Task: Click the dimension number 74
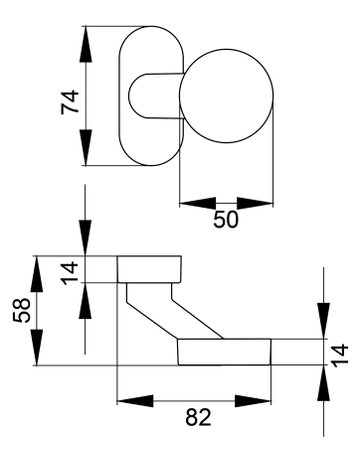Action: [70, 102]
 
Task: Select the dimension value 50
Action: [226, 220]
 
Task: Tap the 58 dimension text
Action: [22, 310]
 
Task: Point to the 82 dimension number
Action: [198, 417]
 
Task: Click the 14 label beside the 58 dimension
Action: [71, 273]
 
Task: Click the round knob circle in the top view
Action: [226, 96]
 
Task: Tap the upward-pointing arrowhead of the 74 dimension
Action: [86, 44]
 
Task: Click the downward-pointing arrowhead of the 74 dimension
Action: [86, 147]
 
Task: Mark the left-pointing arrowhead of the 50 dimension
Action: [198, 203]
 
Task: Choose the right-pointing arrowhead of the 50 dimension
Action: [255, 203]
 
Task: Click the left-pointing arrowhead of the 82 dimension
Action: [135, 401]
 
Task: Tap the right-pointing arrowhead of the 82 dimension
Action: [253, 401]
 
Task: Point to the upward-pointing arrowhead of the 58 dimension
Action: [37, 274]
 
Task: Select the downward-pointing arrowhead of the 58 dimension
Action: [37, 347]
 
